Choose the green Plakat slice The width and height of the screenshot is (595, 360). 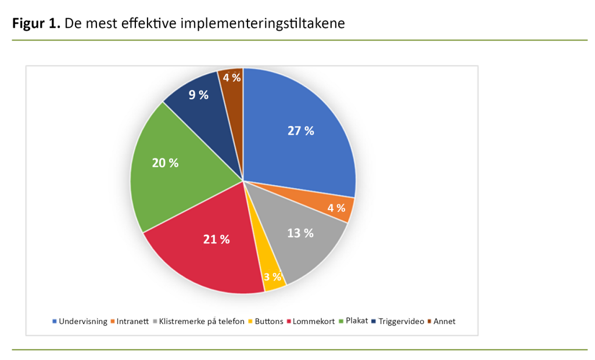(x=169, y=168)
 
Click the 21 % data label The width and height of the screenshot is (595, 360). (x=216, y=239)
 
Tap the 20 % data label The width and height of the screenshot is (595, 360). (x=165, y=163)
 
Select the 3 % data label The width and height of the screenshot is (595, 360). (x=272, y=276)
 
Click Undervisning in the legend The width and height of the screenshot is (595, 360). (x=83, y=321)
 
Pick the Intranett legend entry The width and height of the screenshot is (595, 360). (x=135, y=321)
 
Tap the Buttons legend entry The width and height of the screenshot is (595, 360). (x=270, y=321)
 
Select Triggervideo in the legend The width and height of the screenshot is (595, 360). (x=402, y=321)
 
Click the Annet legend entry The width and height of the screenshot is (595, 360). (x=445, y=321)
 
